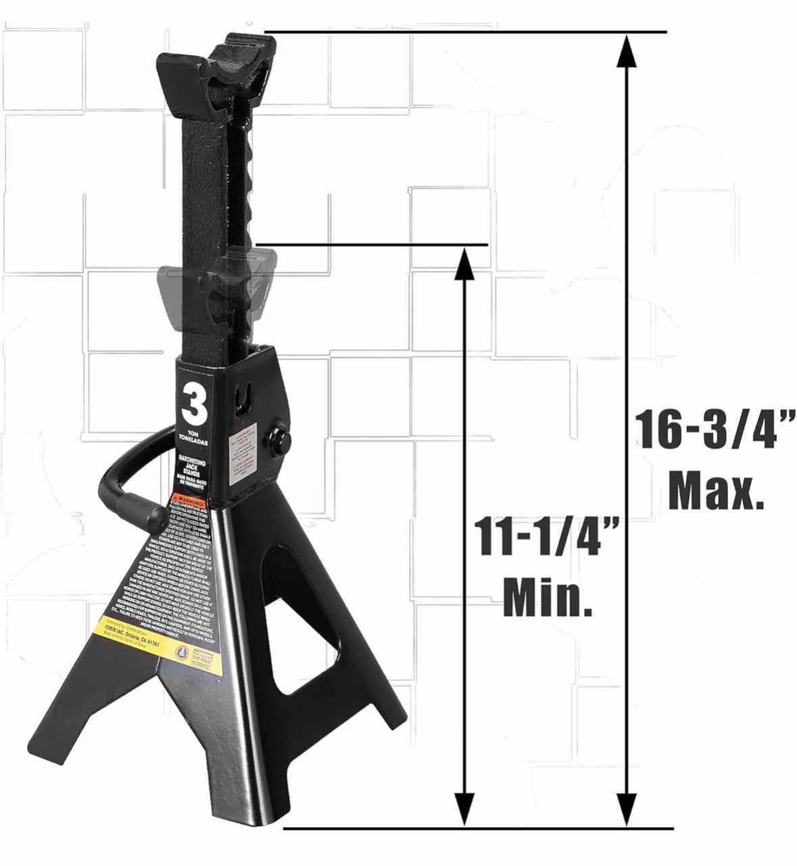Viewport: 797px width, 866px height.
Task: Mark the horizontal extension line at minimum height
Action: [x=372, y=244]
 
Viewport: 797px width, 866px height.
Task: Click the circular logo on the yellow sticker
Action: [x=179, y=655]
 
